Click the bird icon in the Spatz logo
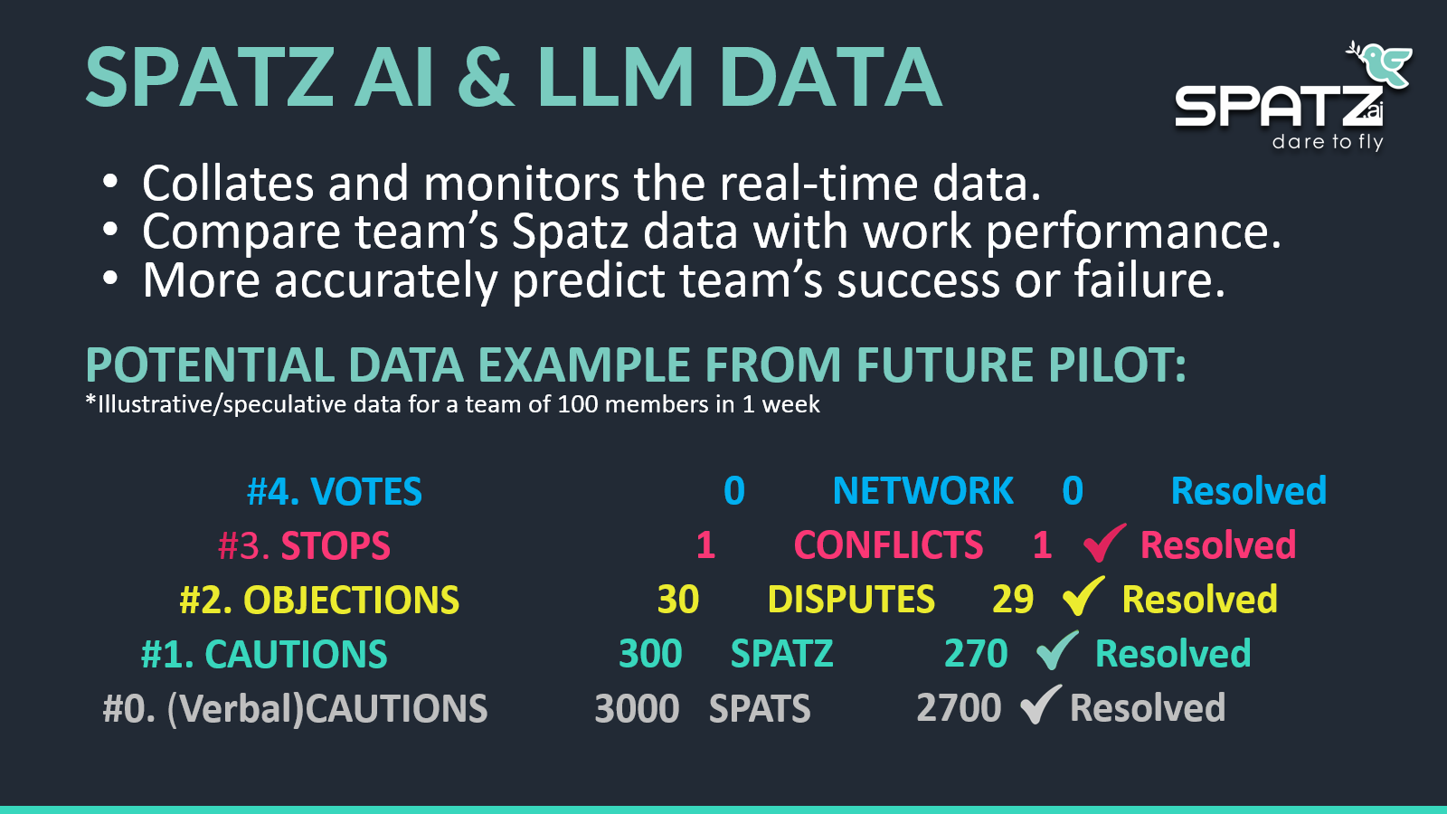click(x=1380, y=63)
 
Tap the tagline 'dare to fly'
click(x=1328, y=141)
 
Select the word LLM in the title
click(x=615, y=76)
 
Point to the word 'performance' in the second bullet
click(x=1133, y=232)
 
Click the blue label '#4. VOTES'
click(x=335, y=491)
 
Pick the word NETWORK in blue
click(x=923, y=490)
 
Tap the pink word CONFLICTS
click(x=888, y=544)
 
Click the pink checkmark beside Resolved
click(x=1104, y=542)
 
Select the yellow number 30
click(x=678, y=599)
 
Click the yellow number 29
click(x=1013, y=599)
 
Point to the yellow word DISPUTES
click(x=851, y=599)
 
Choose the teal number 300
click(x=650, y=653)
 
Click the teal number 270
click(x=976, y=653)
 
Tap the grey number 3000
click(x=637, y=708)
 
